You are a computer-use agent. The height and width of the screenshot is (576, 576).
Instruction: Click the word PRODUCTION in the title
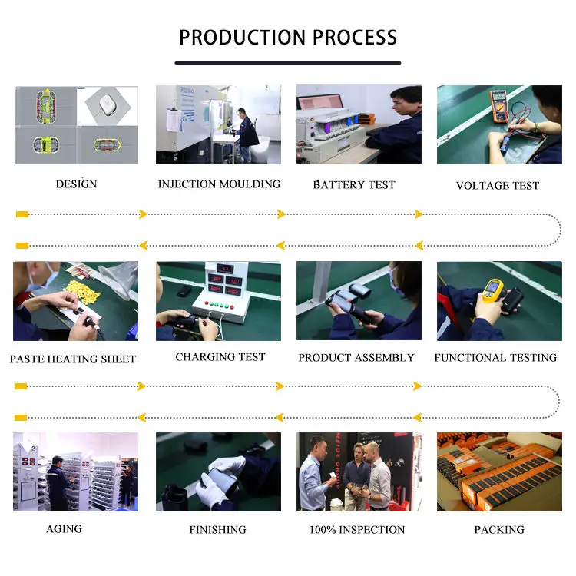(243, 38)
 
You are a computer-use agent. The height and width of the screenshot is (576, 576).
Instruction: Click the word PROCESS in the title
(355, 38)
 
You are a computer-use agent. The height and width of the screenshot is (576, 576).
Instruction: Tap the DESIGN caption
(76, 184)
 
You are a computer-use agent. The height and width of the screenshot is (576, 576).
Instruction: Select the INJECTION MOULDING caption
(219, 184)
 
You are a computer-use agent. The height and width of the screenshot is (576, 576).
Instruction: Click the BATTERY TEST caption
(354, 184)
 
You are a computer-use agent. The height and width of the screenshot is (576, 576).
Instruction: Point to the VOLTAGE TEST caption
(498, 186)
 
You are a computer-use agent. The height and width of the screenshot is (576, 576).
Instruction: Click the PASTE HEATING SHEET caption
(73, 359)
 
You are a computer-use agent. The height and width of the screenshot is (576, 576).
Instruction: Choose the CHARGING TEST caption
(220, 356)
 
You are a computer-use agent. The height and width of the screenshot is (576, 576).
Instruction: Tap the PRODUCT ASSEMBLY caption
(356, 357)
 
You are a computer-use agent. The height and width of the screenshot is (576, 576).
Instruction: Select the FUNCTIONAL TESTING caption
(495, 357)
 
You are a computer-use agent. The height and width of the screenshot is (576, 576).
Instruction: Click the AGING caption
(65, 529)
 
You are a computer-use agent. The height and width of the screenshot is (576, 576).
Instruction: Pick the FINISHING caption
(218, 529)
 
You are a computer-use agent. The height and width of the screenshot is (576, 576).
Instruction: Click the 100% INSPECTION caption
(357, 529)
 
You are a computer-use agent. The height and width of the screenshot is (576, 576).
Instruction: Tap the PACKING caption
(499, 529)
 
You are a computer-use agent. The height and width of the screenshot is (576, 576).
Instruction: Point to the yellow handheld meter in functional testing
(492, 291)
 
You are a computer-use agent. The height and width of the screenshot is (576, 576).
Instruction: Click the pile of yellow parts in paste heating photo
(82, 292)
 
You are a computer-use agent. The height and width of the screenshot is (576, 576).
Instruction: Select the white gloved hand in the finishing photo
(220, 478)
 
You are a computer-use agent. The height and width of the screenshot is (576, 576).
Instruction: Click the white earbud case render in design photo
(106, 104)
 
